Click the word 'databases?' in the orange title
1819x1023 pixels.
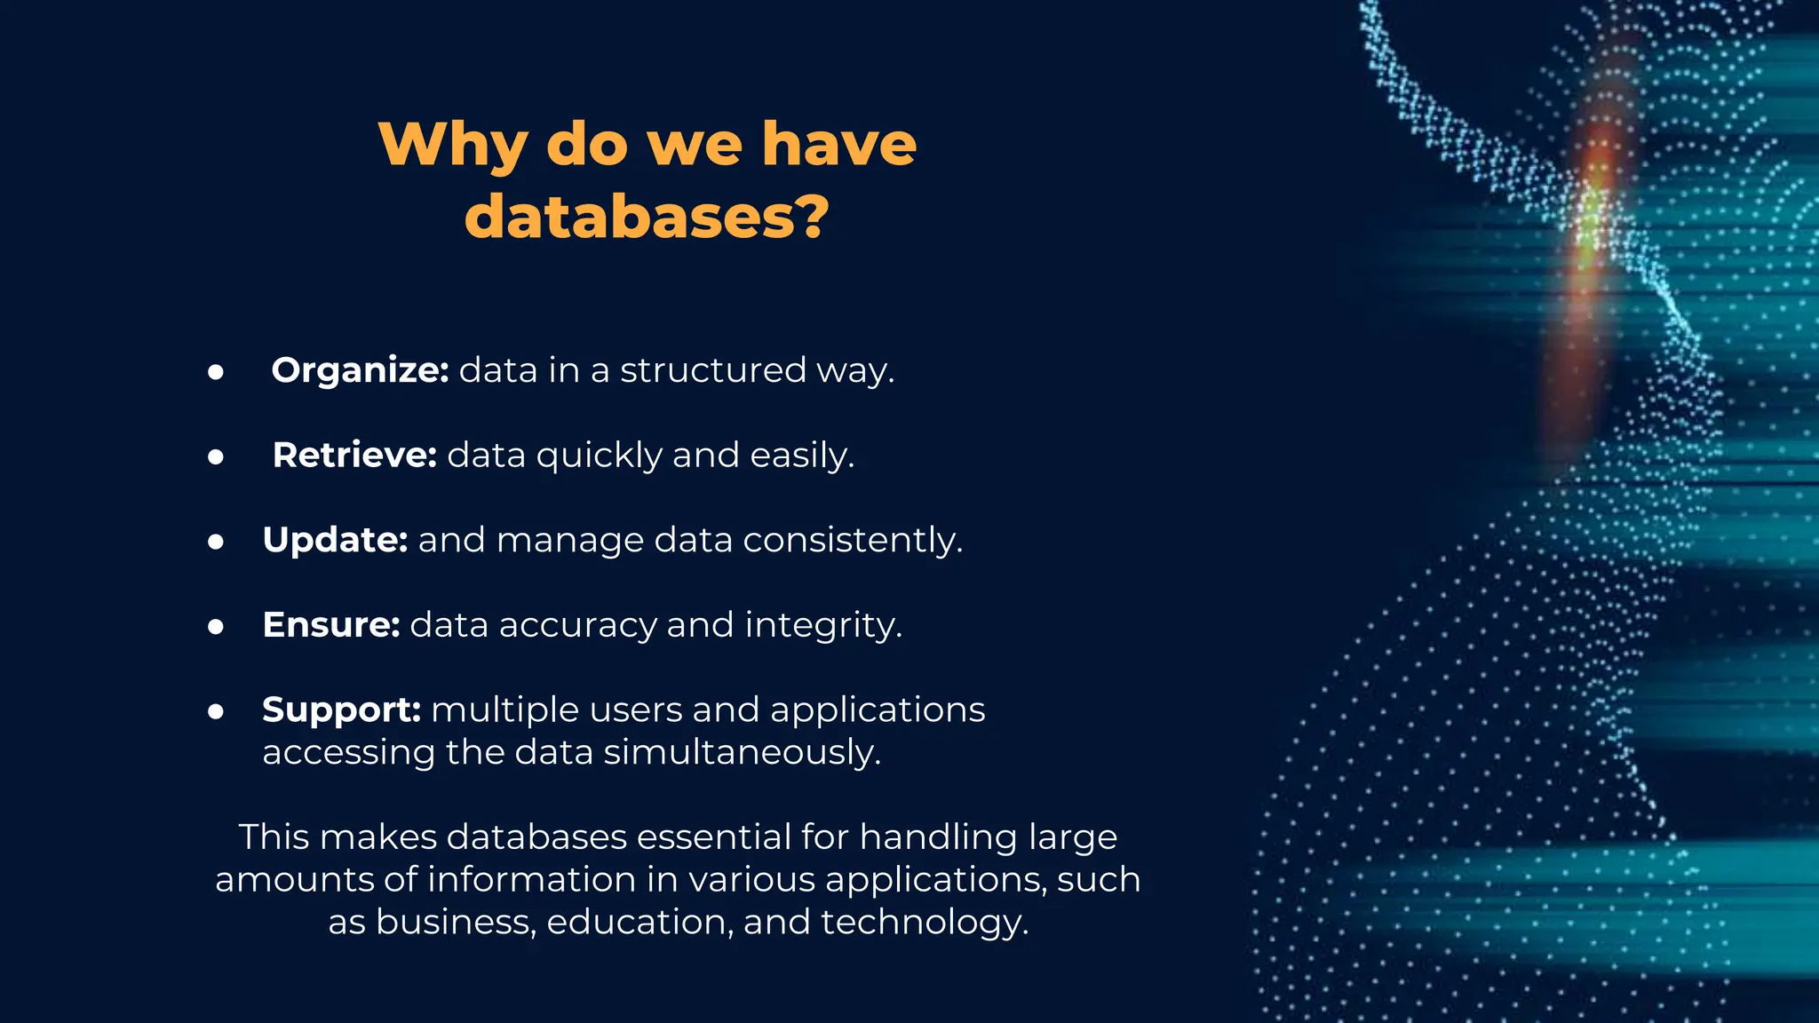tap(647, 217)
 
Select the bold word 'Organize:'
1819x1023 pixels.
tap(360, 370)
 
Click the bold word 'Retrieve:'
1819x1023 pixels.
tap(354, 456)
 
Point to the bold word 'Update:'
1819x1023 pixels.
tap(335, 540)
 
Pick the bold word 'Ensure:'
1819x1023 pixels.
tap(331, 625)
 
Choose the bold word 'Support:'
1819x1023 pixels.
tap(341, 710)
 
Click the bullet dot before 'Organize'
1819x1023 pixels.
tap(216, 372)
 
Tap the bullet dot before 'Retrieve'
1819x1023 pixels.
tap(216, 457)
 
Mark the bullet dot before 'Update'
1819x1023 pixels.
tap(216, 542)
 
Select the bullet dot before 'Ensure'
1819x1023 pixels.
tap(216, 627)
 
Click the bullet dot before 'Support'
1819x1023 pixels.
tap(216, 711)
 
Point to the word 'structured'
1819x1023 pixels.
tap(712, 370)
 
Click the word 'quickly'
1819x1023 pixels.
tap(599, 456)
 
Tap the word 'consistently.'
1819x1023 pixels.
tap(853, 540)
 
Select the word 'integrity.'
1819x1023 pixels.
tap(823, 625)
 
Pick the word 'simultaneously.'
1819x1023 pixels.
tap(743, 752)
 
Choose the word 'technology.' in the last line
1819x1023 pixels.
tap(924, 922)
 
